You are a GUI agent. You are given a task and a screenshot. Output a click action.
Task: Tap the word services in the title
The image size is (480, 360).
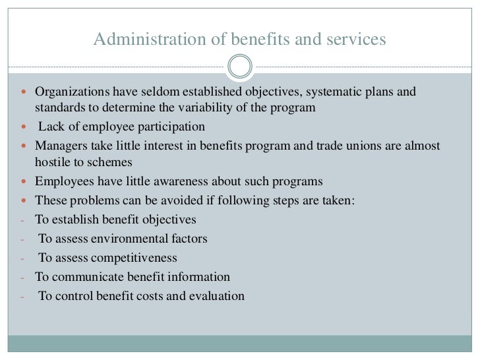point(357,40)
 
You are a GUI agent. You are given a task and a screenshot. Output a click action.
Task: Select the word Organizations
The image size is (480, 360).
point(71,92)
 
